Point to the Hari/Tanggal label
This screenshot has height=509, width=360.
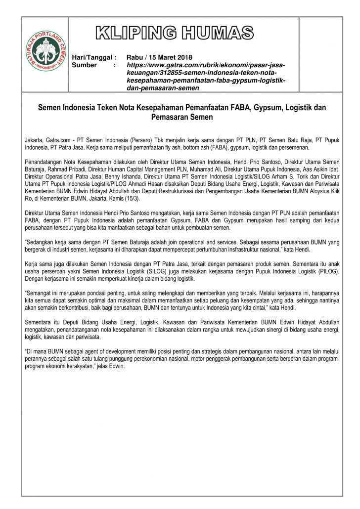point(94,57)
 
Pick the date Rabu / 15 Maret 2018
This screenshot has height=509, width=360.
point(159,57)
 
